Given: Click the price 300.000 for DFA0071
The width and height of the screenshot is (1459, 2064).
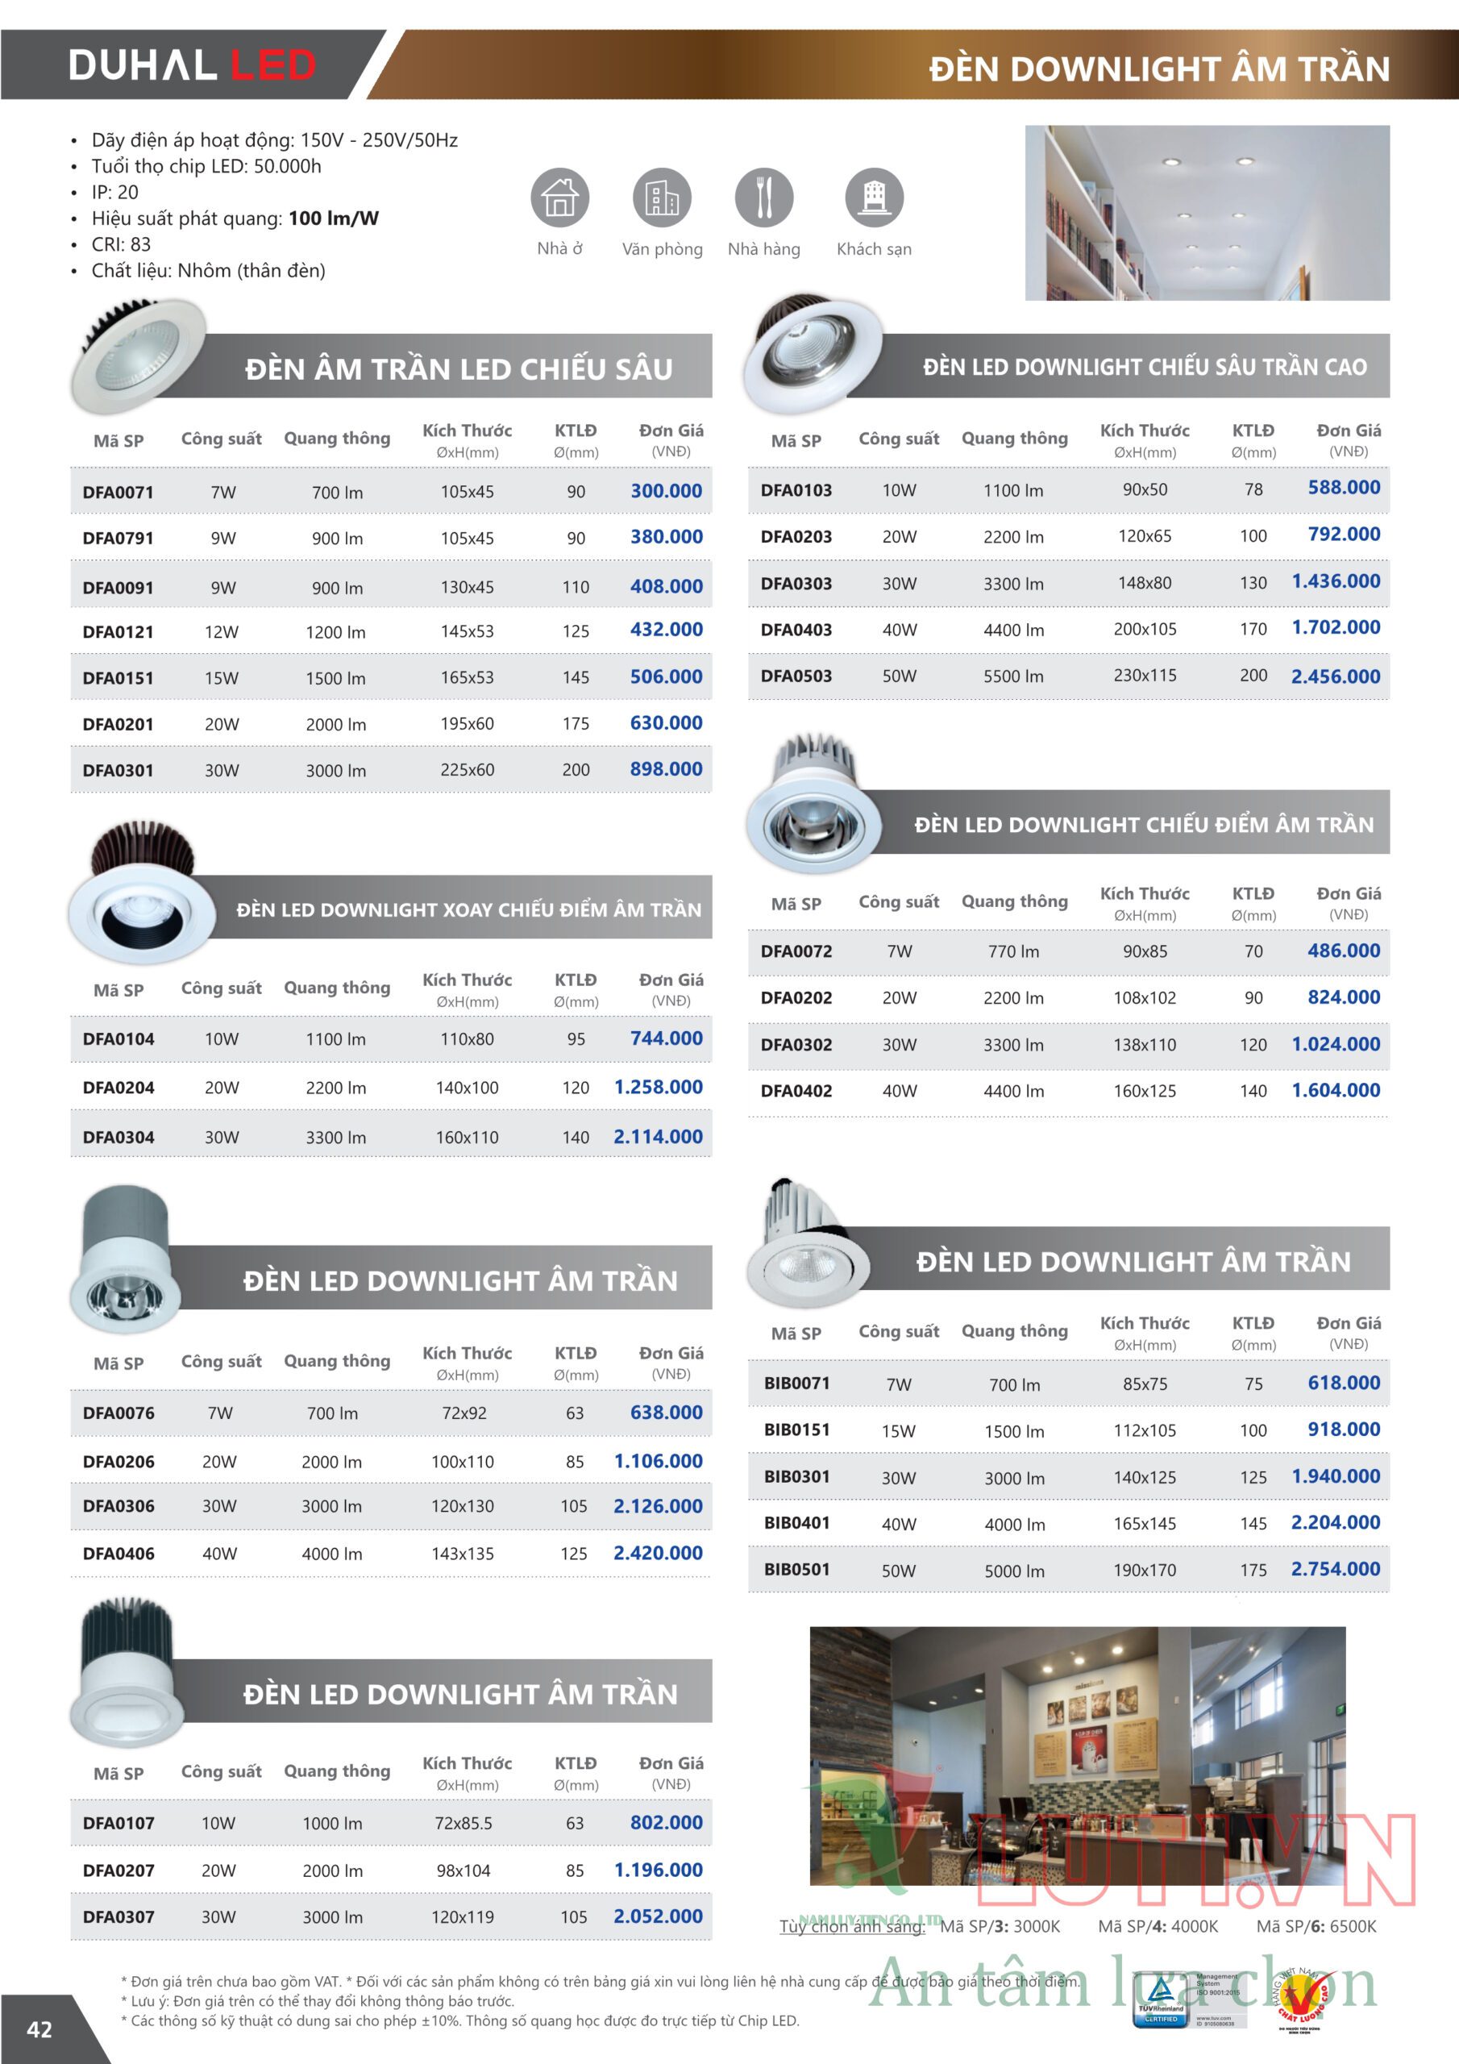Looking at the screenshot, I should tap(666, 491).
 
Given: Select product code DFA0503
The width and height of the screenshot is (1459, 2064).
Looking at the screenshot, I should tap(796, 676).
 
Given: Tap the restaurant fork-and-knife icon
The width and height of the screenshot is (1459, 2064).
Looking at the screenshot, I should tap(764, 197).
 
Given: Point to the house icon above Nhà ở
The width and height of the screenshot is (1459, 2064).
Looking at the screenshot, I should tap(559, 197).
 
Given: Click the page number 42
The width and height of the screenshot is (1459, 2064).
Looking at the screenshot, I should tap(39, 2029).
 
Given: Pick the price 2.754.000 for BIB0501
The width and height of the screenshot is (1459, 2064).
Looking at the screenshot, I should tap(1335, 1569).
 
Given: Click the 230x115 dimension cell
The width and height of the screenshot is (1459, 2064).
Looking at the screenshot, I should tap(1145, 675).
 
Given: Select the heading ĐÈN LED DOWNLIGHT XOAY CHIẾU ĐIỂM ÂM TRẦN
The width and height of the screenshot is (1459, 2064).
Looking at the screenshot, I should tap(468, 909).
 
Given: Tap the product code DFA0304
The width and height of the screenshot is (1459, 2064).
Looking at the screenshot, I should tap(118, 1137).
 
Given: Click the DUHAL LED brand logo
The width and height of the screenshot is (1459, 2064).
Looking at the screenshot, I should tap(193, 65).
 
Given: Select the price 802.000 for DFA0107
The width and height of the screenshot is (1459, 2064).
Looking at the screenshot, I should tap(666, 1822).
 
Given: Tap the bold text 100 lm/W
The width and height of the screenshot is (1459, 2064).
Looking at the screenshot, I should tap(334, 218).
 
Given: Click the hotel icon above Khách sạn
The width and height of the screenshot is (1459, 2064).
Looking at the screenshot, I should tap(874, 197).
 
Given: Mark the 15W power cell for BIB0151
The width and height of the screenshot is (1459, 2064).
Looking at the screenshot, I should tap(898, 1431).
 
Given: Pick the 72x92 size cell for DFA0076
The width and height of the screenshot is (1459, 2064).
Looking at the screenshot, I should tap(463, 1413).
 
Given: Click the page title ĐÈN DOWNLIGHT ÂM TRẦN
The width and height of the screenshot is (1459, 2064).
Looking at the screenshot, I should tap(1159, 69).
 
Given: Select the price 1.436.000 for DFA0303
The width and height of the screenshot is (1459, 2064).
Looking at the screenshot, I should tap(1335, 581).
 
